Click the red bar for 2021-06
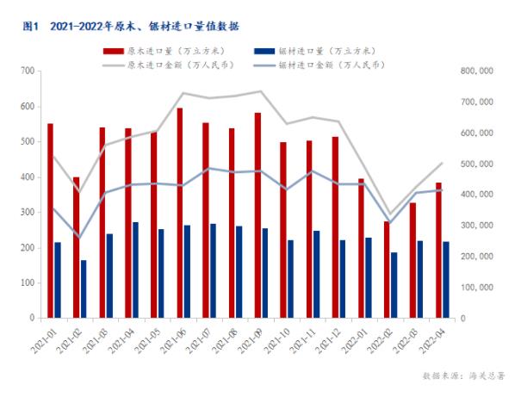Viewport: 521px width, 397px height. point(179,213)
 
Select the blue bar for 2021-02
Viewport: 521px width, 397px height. point(84,288)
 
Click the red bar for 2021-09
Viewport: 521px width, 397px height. point(257,215)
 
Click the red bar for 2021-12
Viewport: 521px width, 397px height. point(334,227)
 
